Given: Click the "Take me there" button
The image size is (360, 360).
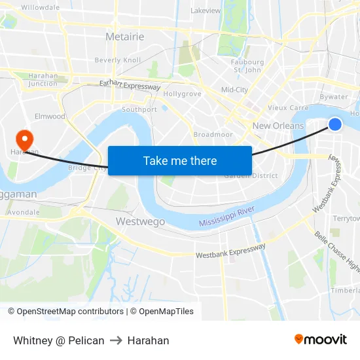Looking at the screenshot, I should tap(180, 160).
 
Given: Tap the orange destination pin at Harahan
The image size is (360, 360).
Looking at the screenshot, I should tap(24, 138).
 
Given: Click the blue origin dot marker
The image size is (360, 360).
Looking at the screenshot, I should tap(334, 124).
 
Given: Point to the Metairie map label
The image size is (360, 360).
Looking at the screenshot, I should tap(124, 37).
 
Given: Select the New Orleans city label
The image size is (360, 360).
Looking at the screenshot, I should tap(278, 126).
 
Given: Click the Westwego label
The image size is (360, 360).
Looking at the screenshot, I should tap(140, 221).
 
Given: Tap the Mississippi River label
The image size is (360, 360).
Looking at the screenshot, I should tap(226, 218).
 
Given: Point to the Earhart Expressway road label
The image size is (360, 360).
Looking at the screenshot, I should tap(130, 85).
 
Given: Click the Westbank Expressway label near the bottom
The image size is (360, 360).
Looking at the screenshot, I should tap(230, 251).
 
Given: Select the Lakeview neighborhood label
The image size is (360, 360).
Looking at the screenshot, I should tap(206, 10).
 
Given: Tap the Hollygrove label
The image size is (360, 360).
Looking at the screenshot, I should tap(182, 94).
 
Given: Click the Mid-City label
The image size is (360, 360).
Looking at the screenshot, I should tap(234, 90).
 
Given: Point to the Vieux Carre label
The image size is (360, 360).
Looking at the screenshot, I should tap(288, 108).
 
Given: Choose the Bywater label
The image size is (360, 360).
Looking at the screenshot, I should tap(334, 96).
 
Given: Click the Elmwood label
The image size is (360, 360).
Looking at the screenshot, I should tap(50, 117).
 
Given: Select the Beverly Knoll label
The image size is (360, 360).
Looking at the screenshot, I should tap(118, 60).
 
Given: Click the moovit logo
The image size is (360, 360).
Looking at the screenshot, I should tap(321, 340).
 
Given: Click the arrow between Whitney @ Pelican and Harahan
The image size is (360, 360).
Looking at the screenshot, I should tap(116, 340).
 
